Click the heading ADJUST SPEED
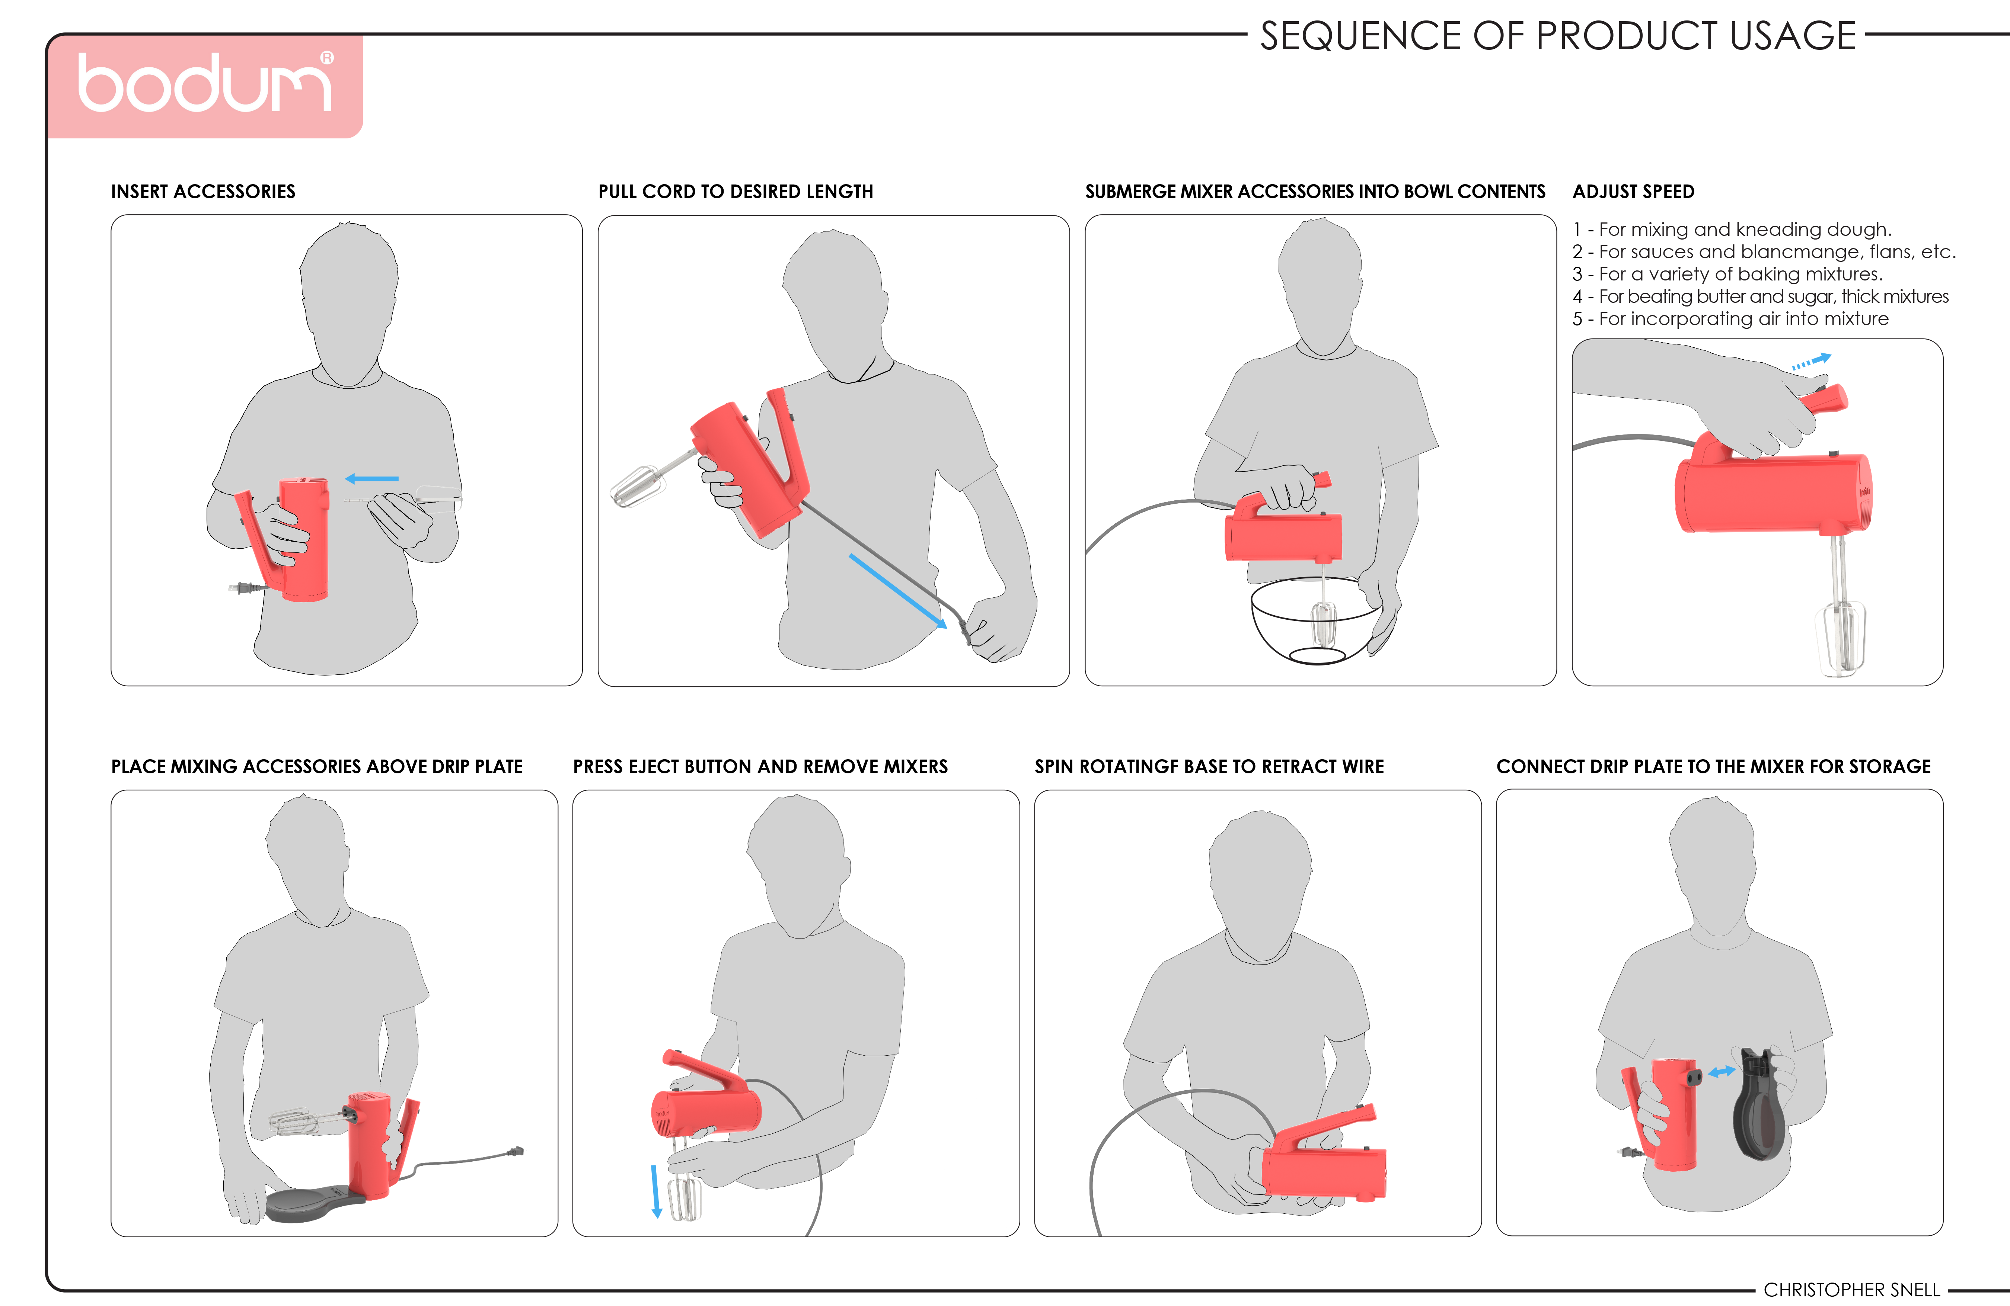1633,192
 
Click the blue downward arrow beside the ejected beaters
655,1191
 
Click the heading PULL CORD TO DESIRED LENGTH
736,192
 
